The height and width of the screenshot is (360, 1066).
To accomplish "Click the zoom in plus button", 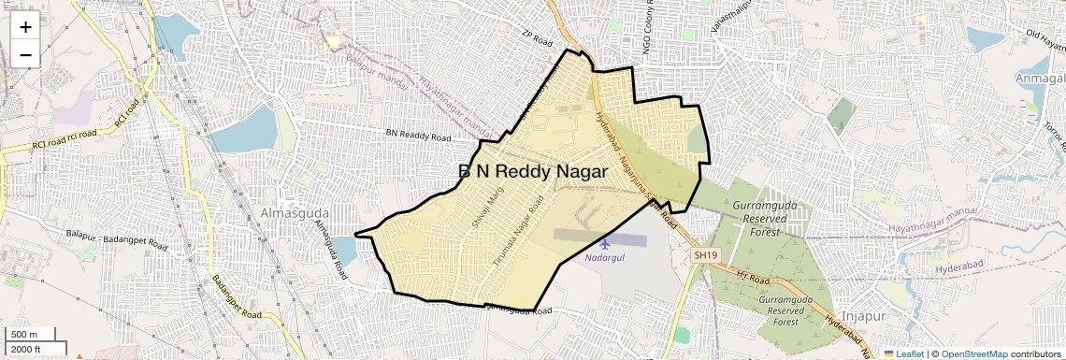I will tap(25, 27).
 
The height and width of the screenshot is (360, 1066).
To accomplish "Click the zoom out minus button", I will tap(25, 55).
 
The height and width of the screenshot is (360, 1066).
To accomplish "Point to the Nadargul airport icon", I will tap(604, 243).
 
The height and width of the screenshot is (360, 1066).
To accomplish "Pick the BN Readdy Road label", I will tap(419, 135).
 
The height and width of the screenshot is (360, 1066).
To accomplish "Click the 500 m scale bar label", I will tap(25, 335).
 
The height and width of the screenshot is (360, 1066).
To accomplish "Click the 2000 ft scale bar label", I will tap(27, 350).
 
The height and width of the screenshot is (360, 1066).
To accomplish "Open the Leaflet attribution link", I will tap(906, 353).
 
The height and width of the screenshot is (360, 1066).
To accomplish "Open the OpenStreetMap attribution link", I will tap(973, 353).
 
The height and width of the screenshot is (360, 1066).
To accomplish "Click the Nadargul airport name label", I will tap(604, 257).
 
